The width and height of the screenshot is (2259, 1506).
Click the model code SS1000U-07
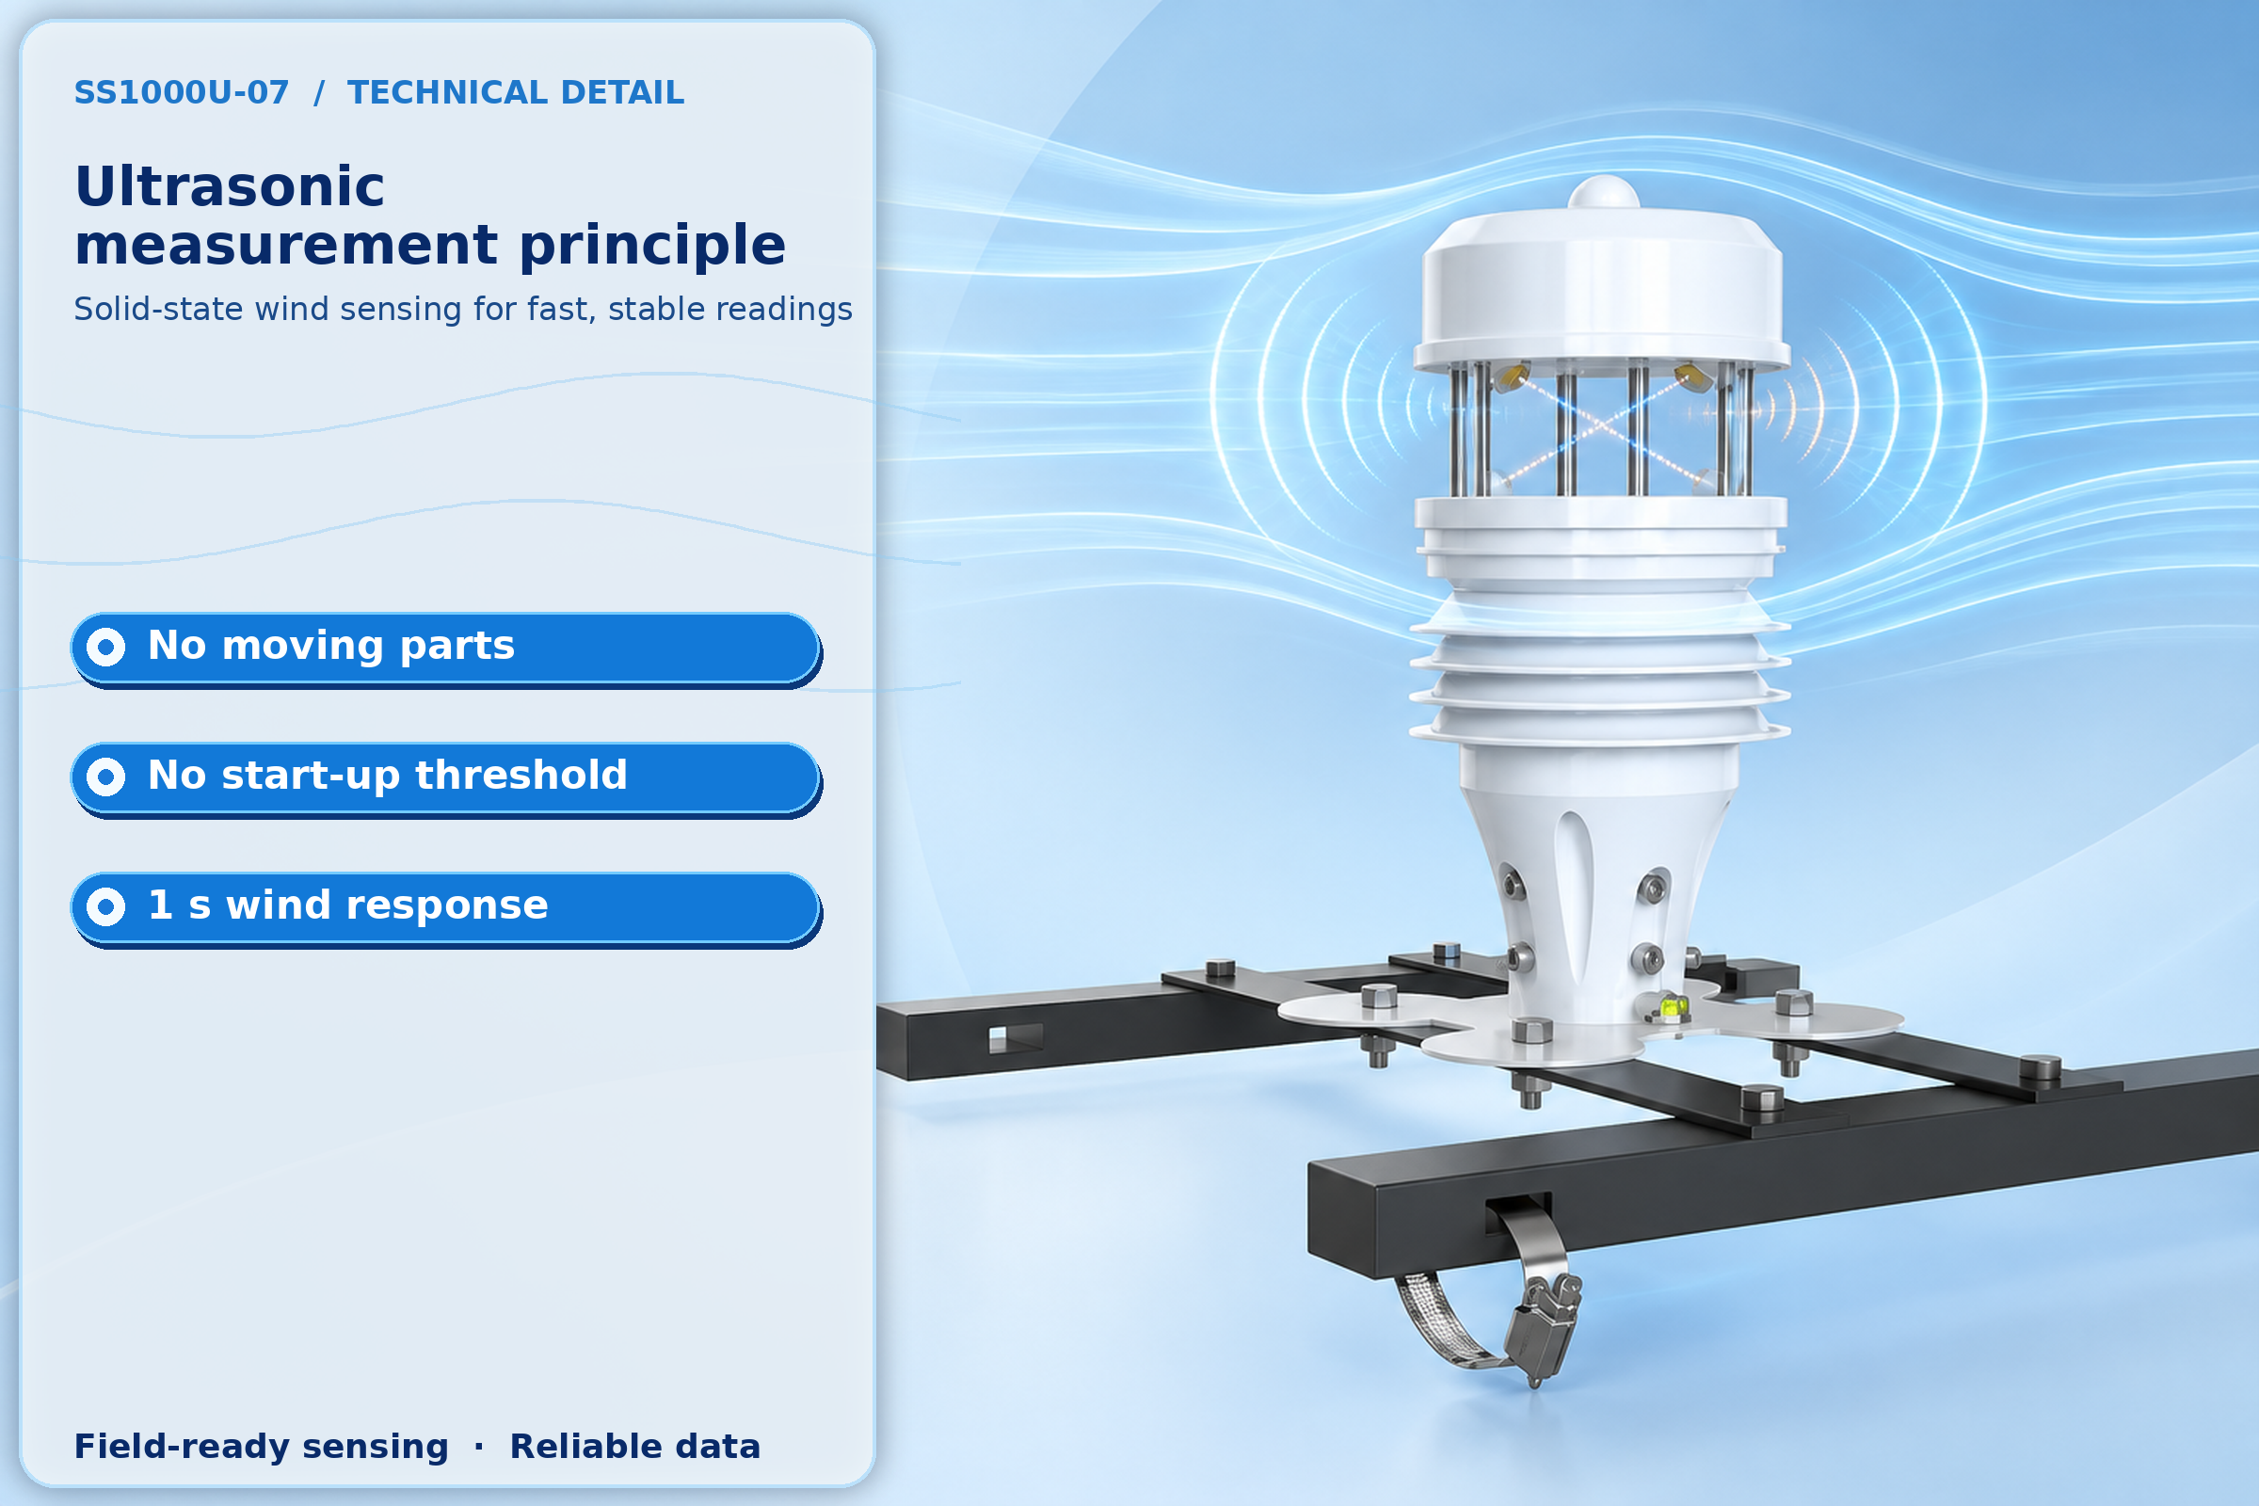182,92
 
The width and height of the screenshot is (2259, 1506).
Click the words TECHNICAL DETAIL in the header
516,92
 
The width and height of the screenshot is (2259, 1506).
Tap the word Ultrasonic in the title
230,185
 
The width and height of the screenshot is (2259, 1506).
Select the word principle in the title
652,245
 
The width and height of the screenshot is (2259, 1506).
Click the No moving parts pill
445,649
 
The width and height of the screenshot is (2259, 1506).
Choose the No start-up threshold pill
445,778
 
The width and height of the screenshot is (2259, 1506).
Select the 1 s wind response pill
445,907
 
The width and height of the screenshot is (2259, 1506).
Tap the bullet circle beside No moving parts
105,648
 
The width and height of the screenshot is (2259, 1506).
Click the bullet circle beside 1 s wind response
105,906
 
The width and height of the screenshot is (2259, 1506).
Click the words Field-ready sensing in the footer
262,1447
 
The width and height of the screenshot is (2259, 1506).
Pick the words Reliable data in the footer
634,1447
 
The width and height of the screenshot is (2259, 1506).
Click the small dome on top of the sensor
1603,192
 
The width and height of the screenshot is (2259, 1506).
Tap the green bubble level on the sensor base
1673,1006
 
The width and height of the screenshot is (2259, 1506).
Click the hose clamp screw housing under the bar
1541,1325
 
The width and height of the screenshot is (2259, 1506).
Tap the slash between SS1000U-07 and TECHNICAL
319,92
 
